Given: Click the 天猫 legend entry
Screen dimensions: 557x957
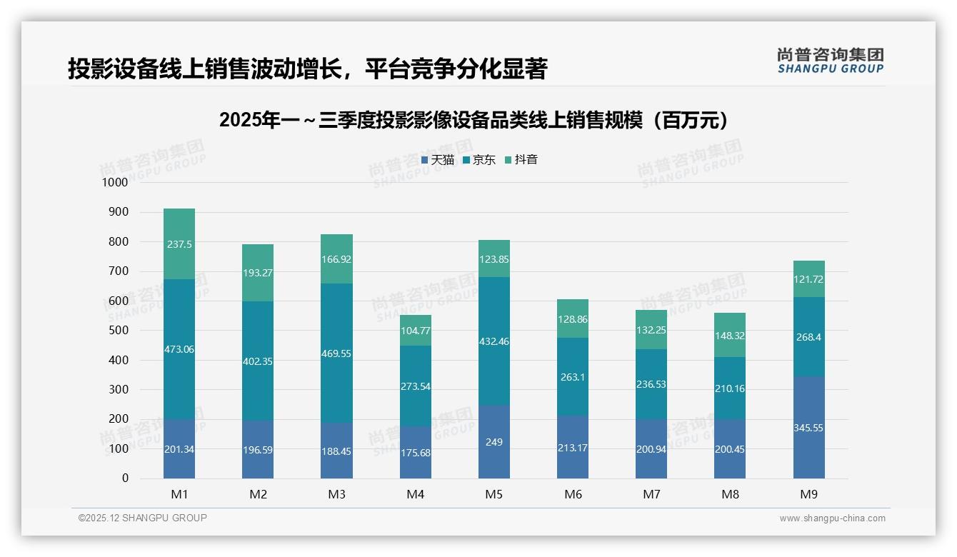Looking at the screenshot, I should pyautogui.click(x=438, y=160).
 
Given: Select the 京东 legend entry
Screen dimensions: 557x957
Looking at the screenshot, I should pyautogui.click(x=479, y=160).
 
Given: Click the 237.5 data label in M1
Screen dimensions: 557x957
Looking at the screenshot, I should pyautogui.click(x=179, y=244).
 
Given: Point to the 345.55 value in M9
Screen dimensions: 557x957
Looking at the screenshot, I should pyautogui.click(x=808, y=428).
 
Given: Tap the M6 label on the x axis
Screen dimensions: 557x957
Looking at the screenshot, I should pyautogui.click(x=573, y=494).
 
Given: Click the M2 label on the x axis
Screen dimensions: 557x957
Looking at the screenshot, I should pyautogui.click(x=258, y=494).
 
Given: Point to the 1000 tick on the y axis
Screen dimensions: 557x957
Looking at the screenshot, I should pyautogui.click(x=114, y=183).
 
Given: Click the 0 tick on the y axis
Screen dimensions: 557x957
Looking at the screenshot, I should pyautogui.click(x=125, y=478).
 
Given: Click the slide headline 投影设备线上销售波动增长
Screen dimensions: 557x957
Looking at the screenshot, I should pyautogui.click(x=307, y=69).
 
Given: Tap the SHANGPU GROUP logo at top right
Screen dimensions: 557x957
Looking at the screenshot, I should pyautogui.click(x=830, y=61).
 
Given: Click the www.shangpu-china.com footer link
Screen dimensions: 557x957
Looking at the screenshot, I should pyautogui.click(x=832, y=518).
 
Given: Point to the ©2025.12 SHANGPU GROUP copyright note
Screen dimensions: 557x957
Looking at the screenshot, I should pyautogui.click(x=143, y=518).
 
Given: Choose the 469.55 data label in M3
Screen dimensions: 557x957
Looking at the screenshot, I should pyautogui.click(x=336, y=353).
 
